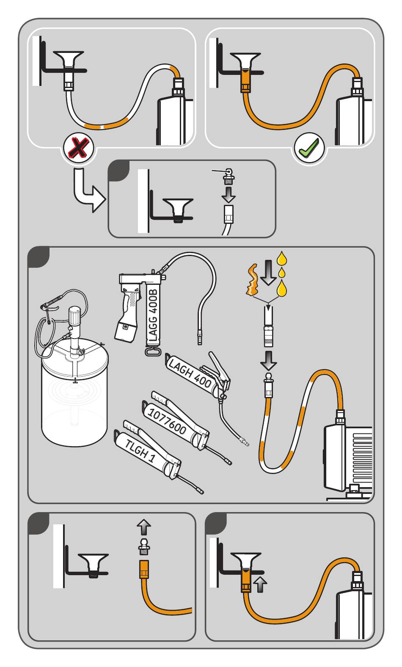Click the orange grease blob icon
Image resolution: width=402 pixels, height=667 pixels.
tap(251, 280)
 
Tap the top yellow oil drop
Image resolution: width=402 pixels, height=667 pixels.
tap(281, 258)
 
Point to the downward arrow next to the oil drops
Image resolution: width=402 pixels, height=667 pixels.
tap(267, 273)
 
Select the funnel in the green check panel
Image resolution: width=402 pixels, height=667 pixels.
tap(245, 60)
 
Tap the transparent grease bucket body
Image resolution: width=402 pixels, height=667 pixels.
tap(74, 406)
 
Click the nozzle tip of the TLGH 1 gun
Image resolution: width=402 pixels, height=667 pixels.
tap(201, 491)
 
